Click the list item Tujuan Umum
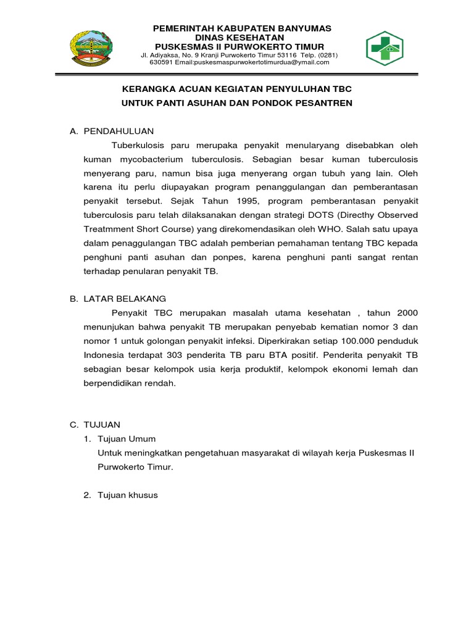[x=127, y=439]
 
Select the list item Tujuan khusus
[x=128, y=495]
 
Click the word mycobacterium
[x=154, y=159]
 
